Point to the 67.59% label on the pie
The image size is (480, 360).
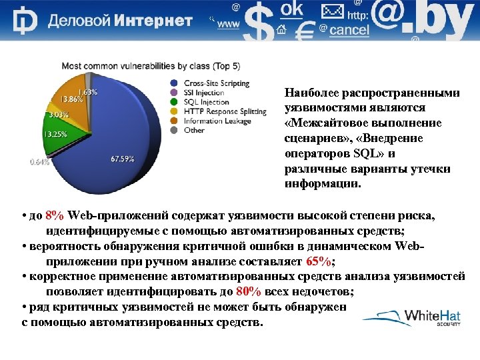[x=122, y=159]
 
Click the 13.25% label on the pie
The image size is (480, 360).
[x=55, y=133]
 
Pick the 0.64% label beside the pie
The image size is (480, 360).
[x=40, y=161]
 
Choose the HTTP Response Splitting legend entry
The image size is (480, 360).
[x=216, y=111]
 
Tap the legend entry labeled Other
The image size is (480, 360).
[x=194, y=130]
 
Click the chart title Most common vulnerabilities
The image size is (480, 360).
[x=151, y=66]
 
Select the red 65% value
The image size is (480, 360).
[x=319, y=261]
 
